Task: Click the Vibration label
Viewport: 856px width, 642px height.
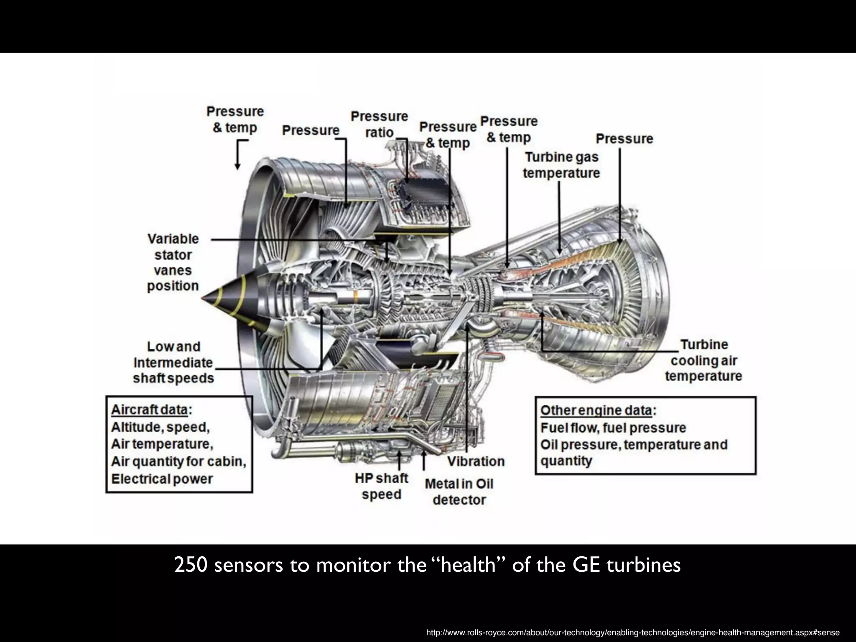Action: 476,461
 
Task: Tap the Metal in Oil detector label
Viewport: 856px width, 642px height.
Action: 459,492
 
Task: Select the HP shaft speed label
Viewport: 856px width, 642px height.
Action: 381,486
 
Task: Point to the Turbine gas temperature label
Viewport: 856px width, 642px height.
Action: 561,165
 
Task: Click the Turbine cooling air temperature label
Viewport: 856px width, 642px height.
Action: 703,360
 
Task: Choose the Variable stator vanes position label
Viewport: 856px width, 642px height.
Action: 173,262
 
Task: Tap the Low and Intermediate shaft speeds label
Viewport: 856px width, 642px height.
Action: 173,362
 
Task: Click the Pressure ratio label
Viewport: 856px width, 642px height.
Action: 379,124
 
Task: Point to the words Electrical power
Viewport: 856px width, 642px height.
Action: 162,479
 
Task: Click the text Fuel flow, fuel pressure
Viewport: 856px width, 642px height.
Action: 613,428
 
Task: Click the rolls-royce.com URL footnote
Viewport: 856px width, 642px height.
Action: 632,632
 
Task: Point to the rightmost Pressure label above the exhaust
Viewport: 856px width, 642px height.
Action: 624,139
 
